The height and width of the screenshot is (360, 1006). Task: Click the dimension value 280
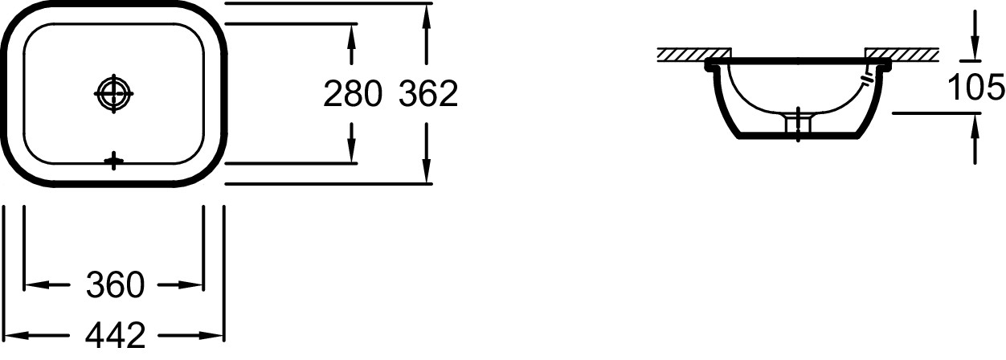351,95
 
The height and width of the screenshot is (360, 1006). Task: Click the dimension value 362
428,95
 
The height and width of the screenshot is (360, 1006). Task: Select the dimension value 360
115,284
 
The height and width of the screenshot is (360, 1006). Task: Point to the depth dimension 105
975,85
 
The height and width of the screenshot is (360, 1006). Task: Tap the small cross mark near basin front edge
114,162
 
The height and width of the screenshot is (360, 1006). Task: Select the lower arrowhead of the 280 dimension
352,154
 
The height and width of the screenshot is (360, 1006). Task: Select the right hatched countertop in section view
902,54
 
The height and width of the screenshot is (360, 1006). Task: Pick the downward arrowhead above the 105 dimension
975,50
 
